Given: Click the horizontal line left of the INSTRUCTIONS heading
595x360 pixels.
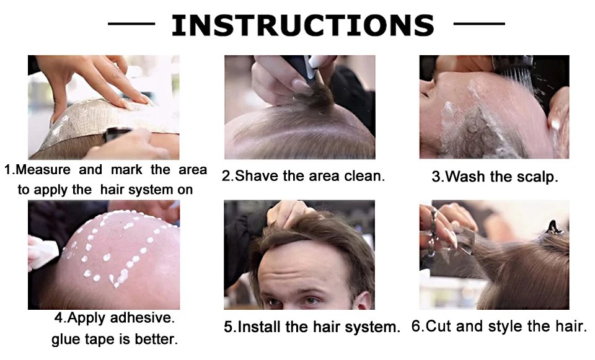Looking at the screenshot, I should (131, 24).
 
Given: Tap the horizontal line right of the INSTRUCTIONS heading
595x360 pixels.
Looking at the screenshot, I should (479, 24).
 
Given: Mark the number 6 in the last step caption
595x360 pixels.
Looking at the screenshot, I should (416, 326).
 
